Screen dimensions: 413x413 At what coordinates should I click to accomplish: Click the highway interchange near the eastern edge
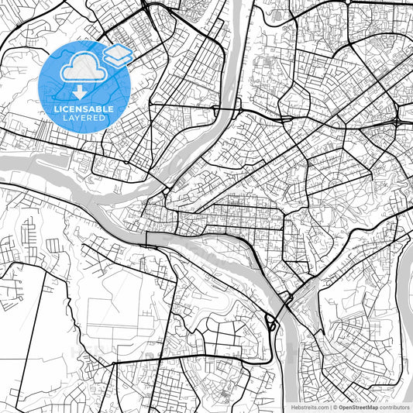(x=396, y=122)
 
